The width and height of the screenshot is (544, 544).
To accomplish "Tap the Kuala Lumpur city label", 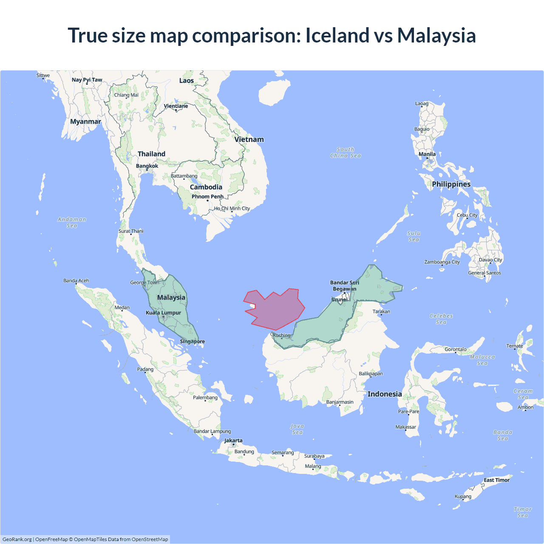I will [x=164, y=313].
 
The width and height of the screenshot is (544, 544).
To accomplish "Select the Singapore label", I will [x=192, y=341].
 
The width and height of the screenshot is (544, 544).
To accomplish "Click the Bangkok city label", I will [x=147, y=166].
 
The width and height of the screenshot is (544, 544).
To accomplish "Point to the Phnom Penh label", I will [x=207, y=196].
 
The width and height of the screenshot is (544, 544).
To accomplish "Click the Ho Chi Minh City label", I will [x=232, y=208].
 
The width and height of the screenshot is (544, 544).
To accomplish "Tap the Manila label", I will [x=427, y=154].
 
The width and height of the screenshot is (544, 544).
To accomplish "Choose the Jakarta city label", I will [x=233, y=440].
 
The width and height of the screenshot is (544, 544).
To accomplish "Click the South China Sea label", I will [x=346, y=153].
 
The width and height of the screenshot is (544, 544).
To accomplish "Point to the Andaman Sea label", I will [x=72, y=222].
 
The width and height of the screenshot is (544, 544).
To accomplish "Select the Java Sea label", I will [x=297, y=429].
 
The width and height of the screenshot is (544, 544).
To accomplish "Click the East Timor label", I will [x=496, y=480].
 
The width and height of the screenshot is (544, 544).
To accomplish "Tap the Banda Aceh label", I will [x=76, y=280].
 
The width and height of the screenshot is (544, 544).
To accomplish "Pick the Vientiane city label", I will [x=176, y=106].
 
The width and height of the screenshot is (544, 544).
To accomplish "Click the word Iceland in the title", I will [x=337, y=35].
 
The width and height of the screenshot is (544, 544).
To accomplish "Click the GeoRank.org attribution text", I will [x=17, y=539].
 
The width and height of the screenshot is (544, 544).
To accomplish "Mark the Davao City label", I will [x=490, y=260].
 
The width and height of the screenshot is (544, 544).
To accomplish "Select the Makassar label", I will [x=406, y=427].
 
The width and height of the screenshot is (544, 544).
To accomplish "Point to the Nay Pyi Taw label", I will [x=87, y=80].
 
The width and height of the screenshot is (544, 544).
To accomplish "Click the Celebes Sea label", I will [x=441, y=319].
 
